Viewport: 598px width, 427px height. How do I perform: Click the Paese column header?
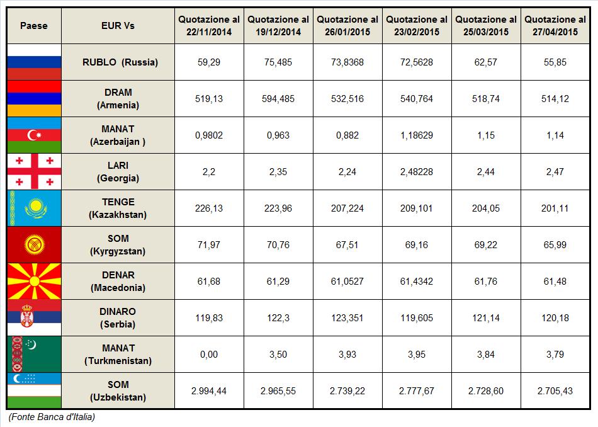[x=34, y=26]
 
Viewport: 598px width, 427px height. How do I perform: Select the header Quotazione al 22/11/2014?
[x=209, y=26]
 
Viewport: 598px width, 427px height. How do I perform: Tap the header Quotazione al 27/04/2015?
[x=555, y=26]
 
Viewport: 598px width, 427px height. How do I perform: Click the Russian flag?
[x=35, y=62]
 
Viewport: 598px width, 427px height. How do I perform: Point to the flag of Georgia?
[x=35, y=172]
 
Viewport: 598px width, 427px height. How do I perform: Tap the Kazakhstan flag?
[x=35, y=208]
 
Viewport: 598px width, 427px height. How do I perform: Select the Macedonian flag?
[x=35, y=282]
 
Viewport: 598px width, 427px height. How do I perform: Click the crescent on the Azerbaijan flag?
[x=31, y=135]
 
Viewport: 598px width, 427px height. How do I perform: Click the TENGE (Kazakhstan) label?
[x=118, y=208]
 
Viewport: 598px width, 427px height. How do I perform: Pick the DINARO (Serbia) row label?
[x=118, y=318]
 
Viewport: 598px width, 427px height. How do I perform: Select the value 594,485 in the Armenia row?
[x=278, y=99]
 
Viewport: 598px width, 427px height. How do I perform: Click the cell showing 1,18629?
[x=417, y=135]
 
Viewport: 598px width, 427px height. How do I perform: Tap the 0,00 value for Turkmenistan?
[x=209, y=355]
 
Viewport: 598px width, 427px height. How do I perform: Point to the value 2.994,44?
[x=209, y=391]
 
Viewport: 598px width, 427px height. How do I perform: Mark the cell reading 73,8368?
[x=347, y=62]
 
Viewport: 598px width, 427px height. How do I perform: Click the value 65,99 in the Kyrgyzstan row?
[x=555, y=245]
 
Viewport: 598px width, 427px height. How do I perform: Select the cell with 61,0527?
[x=347, y=282]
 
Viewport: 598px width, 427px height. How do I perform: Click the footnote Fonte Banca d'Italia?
[x=52, y=417]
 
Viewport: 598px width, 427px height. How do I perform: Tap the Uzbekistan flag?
[x=35, y=390]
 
